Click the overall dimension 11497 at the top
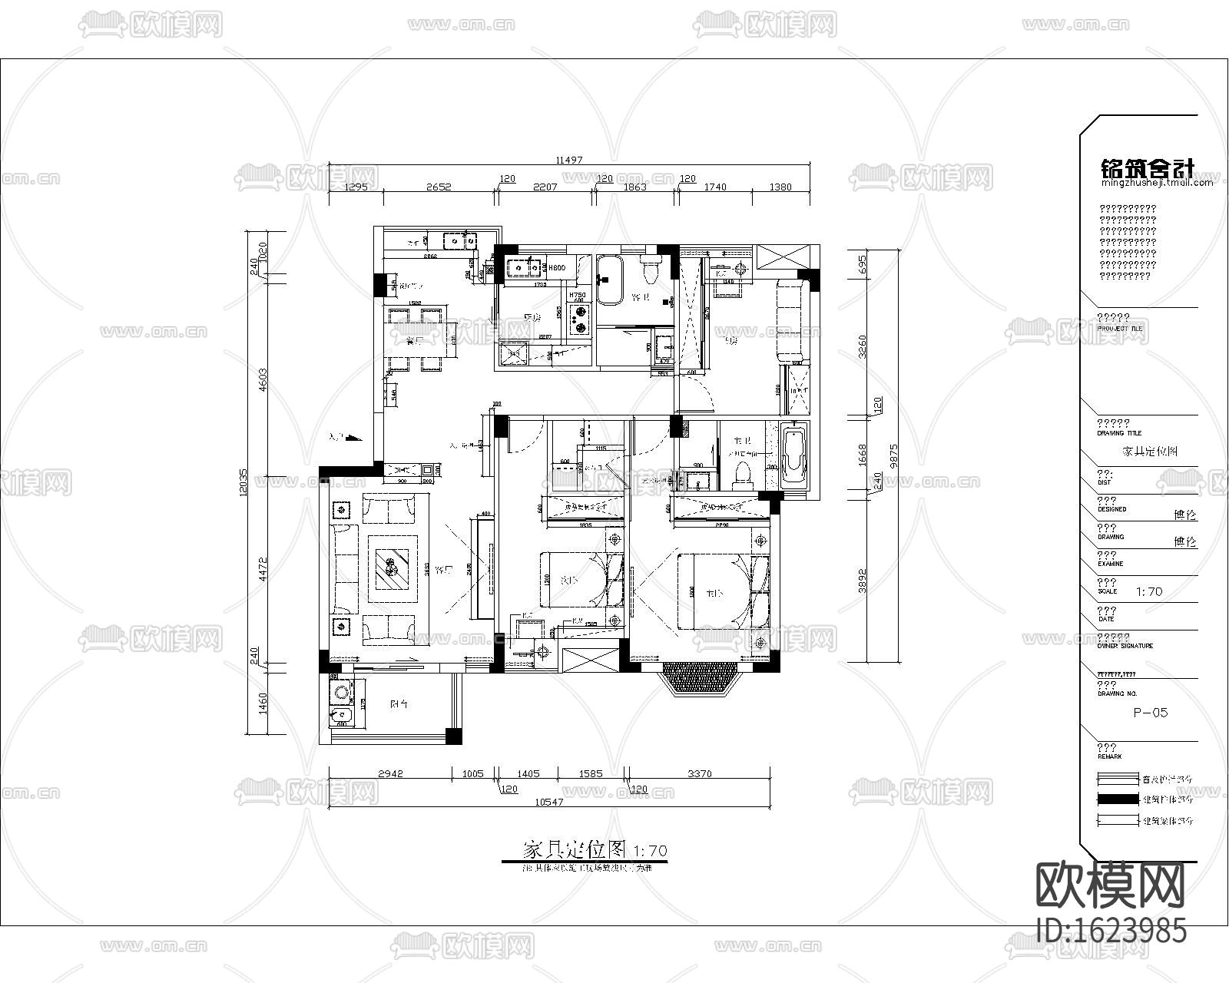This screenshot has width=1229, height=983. [569, 161]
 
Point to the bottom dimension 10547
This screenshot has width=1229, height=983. [548, 802]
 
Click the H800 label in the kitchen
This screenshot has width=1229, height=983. [557, 268]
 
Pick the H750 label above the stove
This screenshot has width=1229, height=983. [577, 296]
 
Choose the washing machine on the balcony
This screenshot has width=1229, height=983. [341, 693]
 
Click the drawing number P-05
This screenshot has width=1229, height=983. [1150, 713]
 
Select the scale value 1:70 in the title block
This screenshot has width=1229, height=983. [1148, 592]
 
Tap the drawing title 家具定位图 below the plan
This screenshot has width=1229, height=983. [575, 851]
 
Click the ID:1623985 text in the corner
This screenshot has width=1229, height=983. [1111, 931]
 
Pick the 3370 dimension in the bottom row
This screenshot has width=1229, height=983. [699, 774]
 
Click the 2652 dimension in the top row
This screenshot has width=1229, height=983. [439, 187]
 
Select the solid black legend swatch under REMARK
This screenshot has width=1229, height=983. [1118, 799]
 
